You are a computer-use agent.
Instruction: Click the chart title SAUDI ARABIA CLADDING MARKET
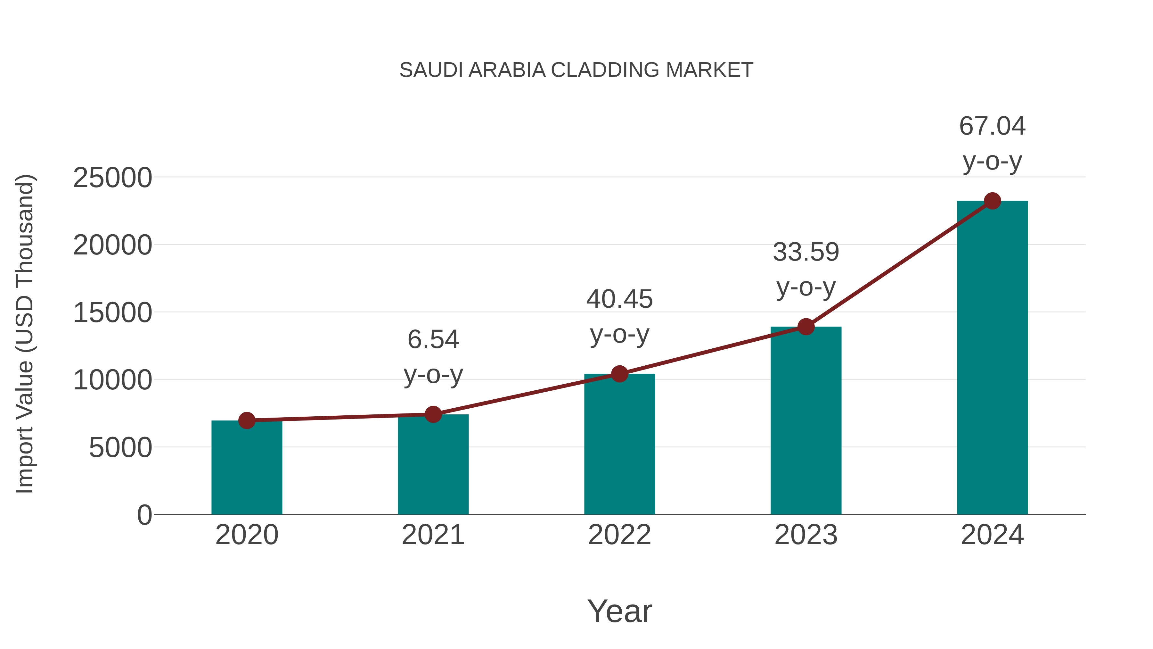576,70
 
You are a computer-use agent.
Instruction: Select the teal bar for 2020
247,468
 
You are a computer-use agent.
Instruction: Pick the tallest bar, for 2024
992,358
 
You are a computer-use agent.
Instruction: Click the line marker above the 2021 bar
433,414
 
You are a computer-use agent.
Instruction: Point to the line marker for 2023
806,327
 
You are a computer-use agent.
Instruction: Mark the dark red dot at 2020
247,420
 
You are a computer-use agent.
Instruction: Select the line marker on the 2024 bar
992,201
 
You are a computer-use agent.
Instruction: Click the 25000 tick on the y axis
112,178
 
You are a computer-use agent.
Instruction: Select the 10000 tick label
112,380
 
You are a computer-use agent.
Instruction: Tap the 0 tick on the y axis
144,515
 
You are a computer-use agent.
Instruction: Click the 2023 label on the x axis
806,535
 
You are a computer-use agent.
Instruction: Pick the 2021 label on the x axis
433,535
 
